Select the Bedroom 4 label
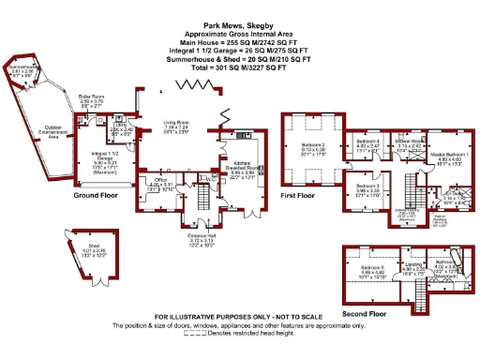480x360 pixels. pyautogui.click(x=368, y=142)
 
